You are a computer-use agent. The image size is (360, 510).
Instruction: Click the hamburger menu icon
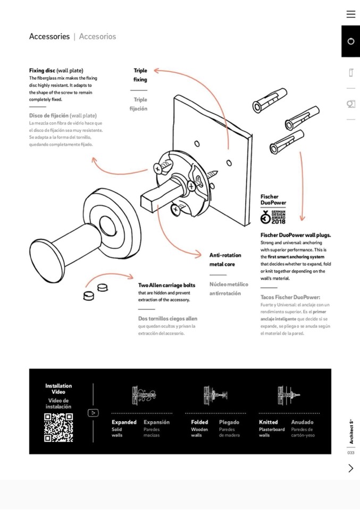(350, 14)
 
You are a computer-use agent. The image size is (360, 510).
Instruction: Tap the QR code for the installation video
(58, 427)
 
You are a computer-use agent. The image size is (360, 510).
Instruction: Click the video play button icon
(93, 413)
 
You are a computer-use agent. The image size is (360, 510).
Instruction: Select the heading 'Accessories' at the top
(49, 37)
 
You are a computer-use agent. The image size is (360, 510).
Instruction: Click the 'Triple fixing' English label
(140, 75)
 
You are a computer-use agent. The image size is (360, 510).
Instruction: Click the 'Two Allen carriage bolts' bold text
(166, 286)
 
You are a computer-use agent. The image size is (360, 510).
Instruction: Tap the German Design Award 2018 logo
(273, 217)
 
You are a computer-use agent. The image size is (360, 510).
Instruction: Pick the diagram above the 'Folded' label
(215, 395)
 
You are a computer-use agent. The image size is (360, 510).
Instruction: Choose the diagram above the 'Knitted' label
(288, 395)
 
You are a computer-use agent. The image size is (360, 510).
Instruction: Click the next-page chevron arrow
(350, 468)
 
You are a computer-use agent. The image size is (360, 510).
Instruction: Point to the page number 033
(351, 453)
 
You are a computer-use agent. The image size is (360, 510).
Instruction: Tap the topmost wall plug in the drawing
(270, 100)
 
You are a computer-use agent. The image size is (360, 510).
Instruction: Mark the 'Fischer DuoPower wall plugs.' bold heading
(295, 235)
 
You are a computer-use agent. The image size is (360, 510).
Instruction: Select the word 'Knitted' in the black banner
(268, 422)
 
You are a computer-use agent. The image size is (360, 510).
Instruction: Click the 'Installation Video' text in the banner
(58, 389)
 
